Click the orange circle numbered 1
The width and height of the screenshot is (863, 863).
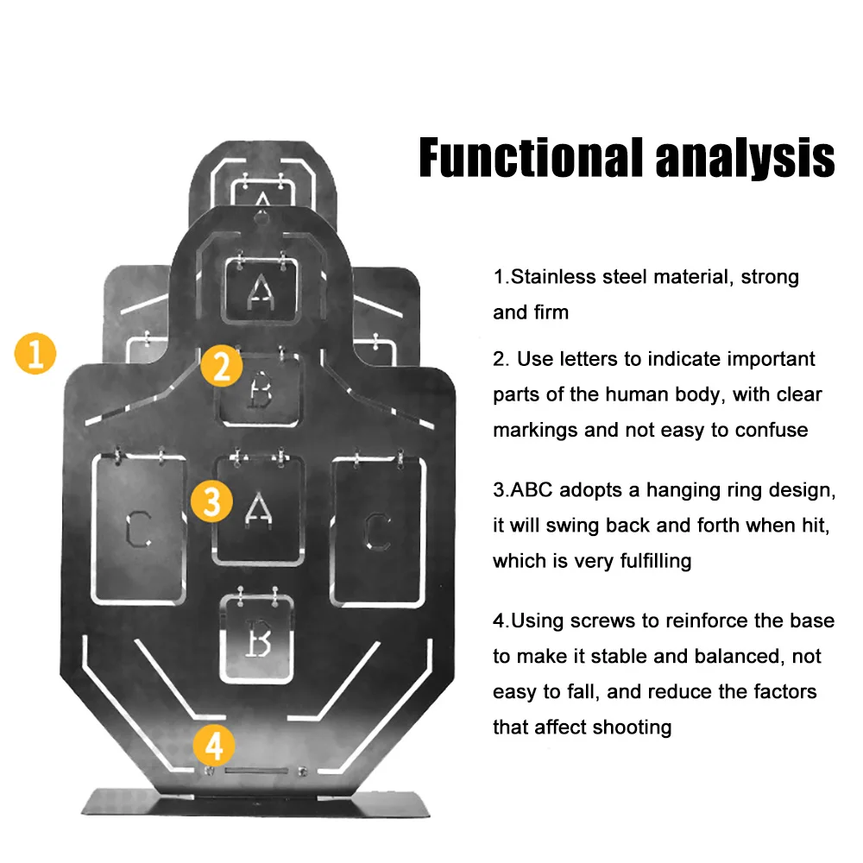click(35, 354)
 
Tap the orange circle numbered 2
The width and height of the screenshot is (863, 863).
click(221, 368)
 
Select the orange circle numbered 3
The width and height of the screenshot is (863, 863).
click(211, 501)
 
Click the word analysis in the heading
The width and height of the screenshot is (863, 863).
click(745, 158)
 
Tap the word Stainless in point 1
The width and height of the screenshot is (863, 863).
click(552, 277)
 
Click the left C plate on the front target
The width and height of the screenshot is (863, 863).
click(138, 528)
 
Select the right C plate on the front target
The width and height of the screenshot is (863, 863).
click(377, 528)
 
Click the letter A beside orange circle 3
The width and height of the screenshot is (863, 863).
click(257, 508)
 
